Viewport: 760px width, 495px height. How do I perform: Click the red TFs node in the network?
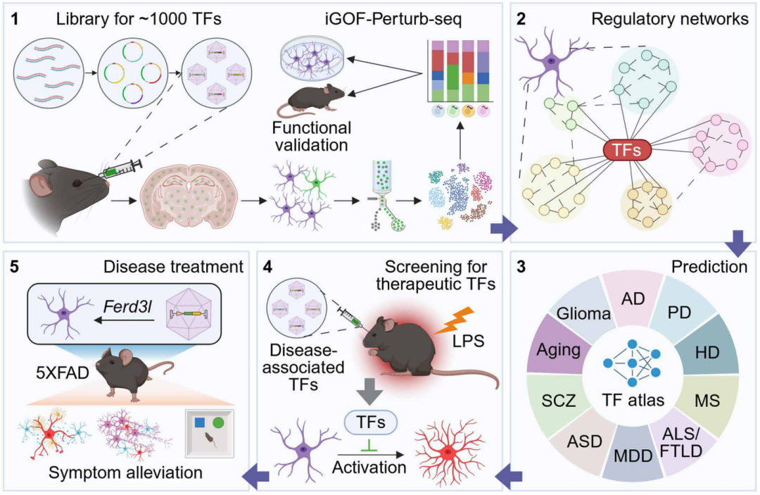click(x=627, y=151)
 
